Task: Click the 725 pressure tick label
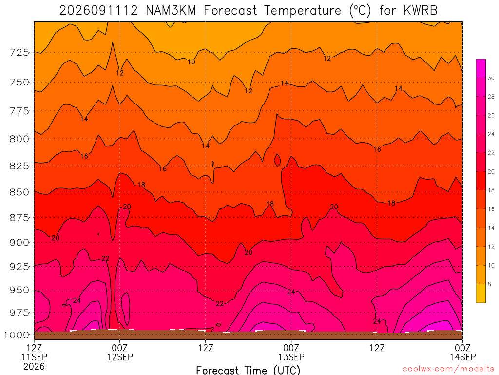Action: click(x=19, y=52)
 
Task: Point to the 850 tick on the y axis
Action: click(x=19, y=192)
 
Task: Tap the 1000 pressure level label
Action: click(x=16, y=335)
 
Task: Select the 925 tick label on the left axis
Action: click(x=19, y=266)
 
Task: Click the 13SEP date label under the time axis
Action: click(x=291, y=357)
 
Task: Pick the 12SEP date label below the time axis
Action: click(x=120, y=357)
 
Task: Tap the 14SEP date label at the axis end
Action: click(x=463, y=357)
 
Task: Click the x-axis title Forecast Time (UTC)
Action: click(x=248, y=370)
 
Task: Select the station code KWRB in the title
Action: click(x=421, y=11)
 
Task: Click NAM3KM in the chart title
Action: click(x=171, y=11)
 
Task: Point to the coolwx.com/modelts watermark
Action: click(x=448, y=369)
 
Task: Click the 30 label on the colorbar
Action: click(x=491, y=78)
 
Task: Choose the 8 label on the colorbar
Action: click(x=489, y=284)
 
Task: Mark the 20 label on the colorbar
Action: click(x=491, y=171)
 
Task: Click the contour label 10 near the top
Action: click(x=191, y=62)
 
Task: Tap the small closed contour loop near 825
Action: click(x=277, y=160)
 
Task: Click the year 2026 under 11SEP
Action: click(x=34, y=366)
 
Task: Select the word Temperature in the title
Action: click(x=303, y=11)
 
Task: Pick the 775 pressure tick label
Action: click(x=19, y=111)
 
